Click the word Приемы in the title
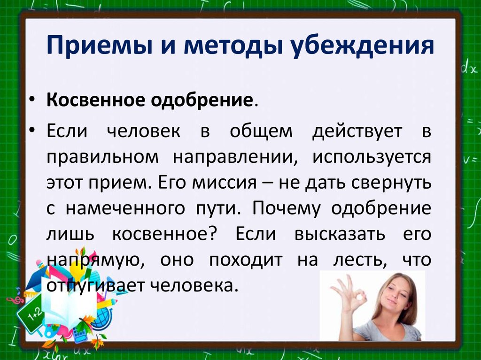(100, 46)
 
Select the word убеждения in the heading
(362, 46)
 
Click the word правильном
(102, 157)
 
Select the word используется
(372, 158)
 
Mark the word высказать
(340, 235)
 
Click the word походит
(246, 260)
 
